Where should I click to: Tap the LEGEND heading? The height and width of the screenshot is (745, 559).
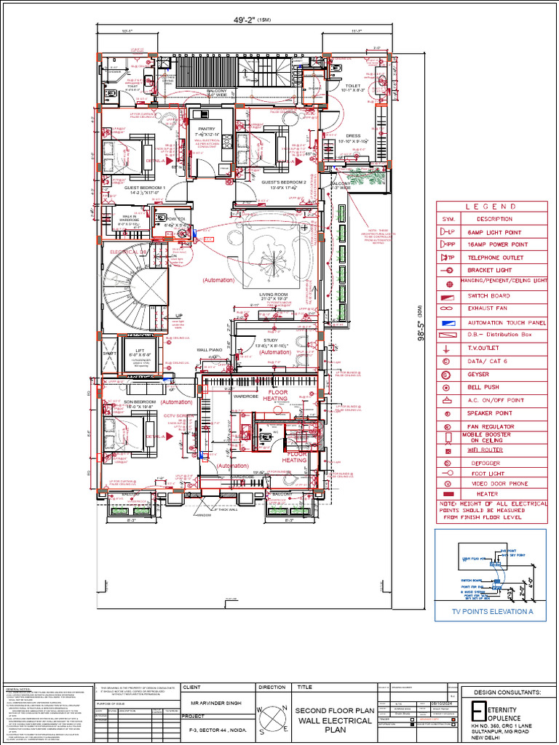coord(491,207)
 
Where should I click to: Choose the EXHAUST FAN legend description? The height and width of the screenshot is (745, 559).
coord(488,308)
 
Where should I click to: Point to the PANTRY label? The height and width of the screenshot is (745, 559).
coord(207,129)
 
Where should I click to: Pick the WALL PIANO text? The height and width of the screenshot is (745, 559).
coord(209,350)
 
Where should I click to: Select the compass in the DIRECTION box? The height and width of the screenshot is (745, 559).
coord(272,717)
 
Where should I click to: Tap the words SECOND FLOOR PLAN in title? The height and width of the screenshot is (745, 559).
coord(335,710)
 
